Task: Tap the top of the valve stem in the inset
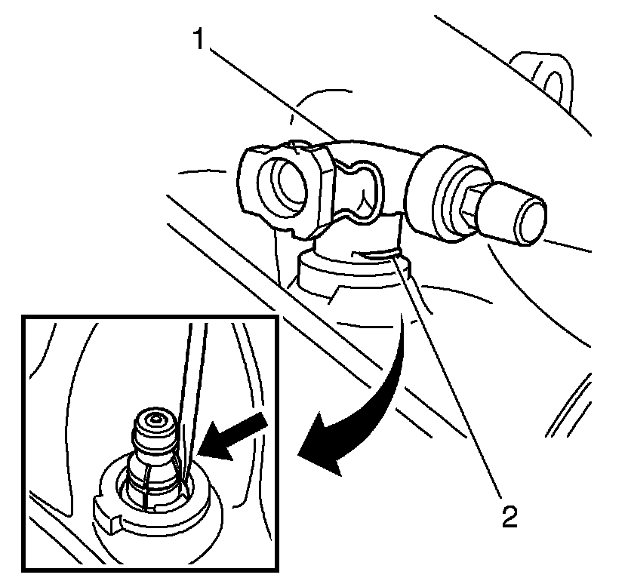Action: click(x=154, y=420)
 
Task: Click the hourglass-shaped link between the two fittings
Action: click(x=356, y=190)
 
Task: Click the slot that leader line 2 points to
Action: click(x=375, y=255)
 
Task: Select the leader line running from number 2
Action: click(x=448, y=375)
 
